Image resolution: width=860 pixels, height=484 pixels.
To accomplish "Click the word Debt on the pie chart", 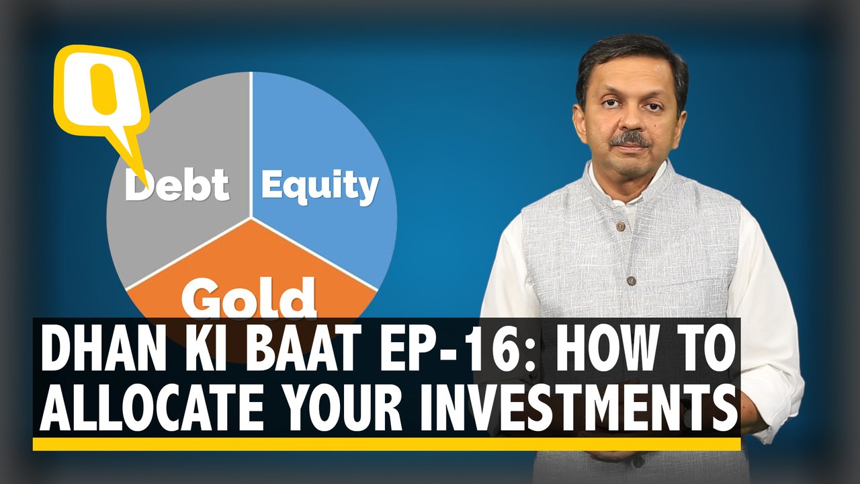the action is click(x=177, y=185).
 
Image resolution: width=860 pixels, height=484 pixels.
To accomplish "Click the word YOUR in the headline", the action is click(x=340, y=410).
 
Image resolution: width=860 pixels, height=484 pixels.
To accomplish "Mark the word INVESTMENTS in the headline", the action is click(x=579, y=410).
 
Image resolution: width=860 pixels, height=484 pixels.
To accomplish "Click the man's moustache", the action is click(x=630, y=140).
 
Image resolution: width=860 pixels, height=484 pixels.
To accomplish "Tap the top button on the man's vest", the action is click(x=619, y=227).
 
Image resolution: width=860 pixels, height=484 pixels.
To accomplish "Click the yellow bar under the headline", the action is click(x=386, y=444).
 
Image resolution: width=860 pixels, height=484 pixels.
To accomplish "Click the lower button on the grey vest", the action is click(x=630, y=281).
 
